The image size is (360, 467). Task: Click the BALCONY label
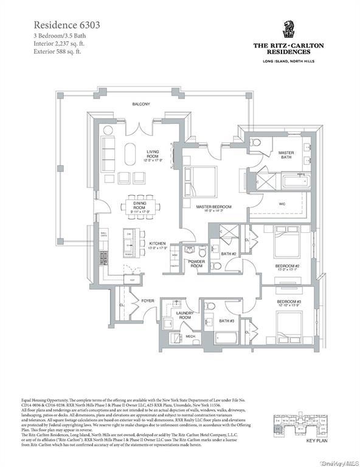click(142, 104)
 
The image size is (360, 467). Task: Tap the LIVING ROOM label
click(152, 155)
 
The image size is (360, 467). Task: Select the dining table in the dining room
click(144, 206)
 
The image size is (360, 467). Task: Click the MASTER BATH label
click(286, 155)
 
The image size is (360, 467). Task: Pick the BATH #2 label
click(227, 254)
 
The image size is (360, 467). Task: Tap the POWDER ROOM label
click(196, 264)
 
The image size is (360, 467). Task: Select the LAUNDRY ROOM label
click(184, 316)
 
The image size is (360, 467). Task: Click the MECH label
click(190, 336)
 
